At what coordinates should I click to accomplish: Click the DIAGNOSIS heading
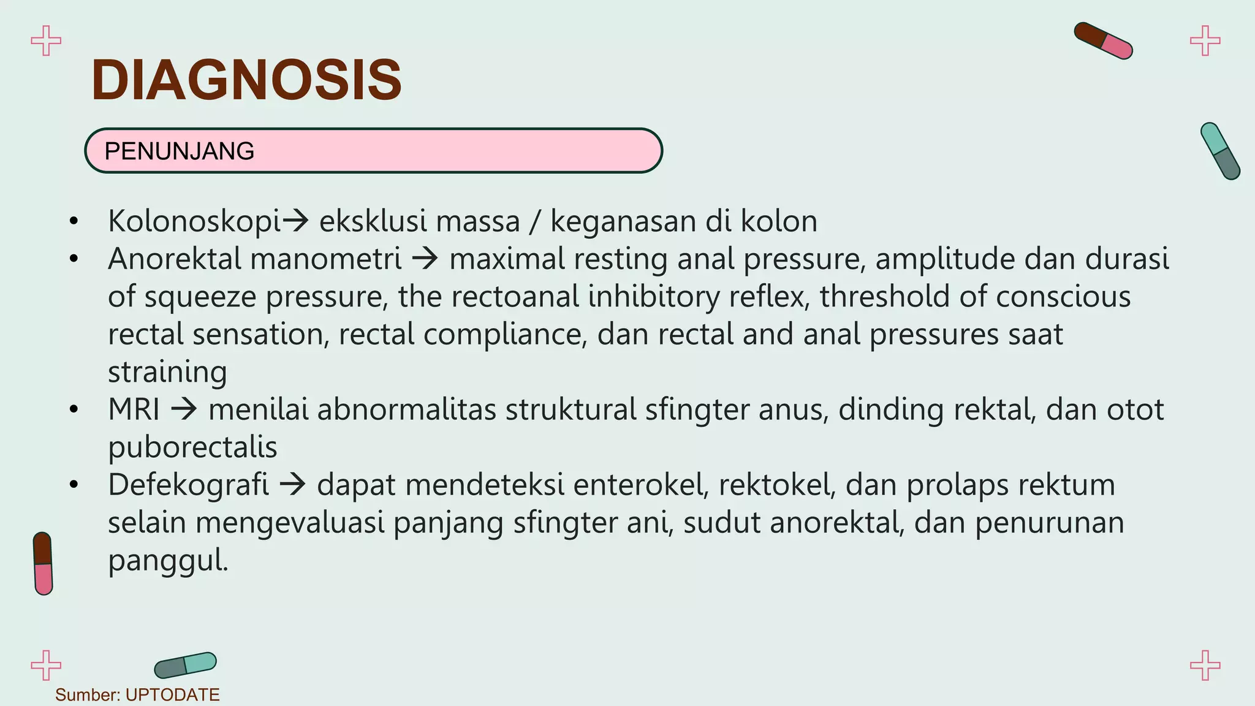click(246, 80)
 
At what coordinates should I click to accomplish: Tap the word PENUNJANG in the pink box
click(179, 151)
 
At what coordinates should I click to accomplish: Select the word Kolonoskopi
click(194, 221)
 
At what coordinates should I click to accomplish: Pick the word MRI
click(134, 409)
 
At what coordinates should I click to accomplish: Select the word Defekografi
click(188, 485)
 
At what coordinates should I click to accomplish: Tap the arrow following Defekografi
click(292, 485)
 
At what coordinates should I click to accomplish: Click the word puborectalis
click(192, 447)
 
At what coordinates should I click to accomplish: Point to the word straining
click(167, 372)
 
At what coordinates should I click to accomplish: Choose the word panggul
click(168, 560)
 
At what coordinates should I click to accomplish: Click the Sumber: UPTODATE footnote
click(137, 695)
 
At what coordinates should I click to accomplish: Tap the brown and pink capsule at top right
click(1103, 40)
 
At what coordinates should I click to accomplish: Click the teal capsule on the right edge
click(1219, 151)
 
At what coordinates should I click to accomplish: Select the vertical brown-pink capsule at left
click(43, 563)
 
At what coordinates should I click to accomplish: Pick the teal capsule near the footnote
click(185, 665)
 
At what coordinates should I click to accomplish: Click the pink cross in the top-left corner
click(46, 41)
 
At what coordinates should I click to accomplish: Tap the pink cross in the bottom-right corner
click(1205, 665)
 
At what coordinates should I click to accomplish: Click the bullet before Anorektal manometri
click(74, 259)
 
